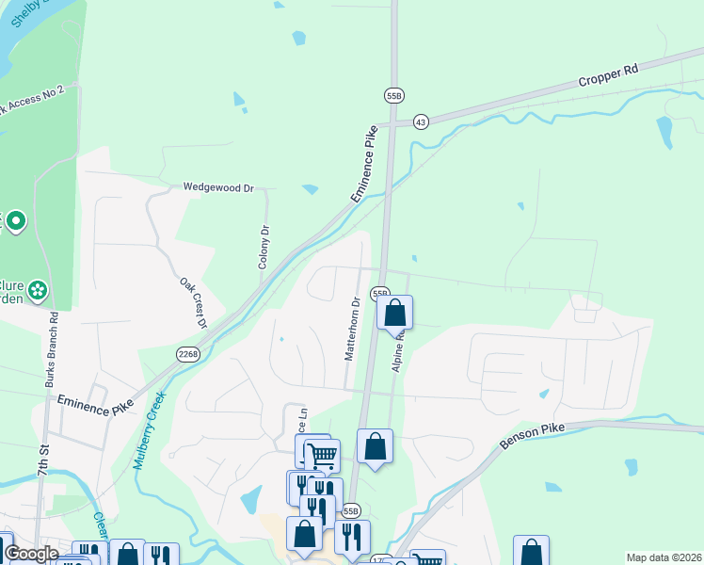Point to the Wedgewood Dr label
pyautogui.click(x=219, y=187)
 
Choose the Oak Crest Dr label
pyautogui.click(x=193, y=302)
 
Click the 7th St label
pyautogui.click(x=42, y=494)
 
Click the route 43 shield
pyautogui.click(x=420, y=122)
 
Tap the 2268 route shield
pyautogui.click(x=186, y=353)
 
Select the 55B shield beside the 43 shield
pyautogui.click(x=393, y=95)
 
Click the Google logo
pyautogui.click(x=32, y=554)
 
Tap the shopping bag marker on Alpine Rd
pyautogui.click(x=395, y=313)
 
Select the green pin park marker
pyautogui.click(x=15, y=223)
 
